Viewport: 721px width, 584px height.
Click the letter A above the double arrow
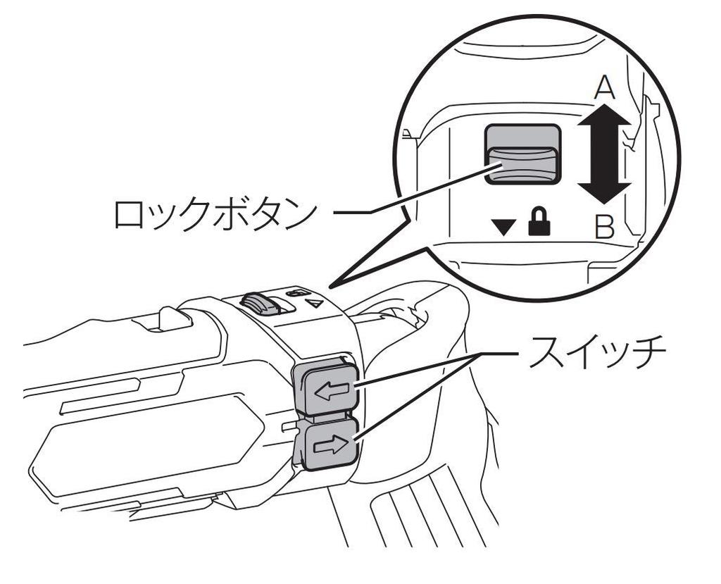click(x=604, y=88)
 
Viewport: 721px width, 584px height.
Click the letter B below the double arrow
click(x=604, y=228)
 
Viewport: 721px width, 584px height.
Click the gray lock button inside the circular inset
click(x=522, y=155)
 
